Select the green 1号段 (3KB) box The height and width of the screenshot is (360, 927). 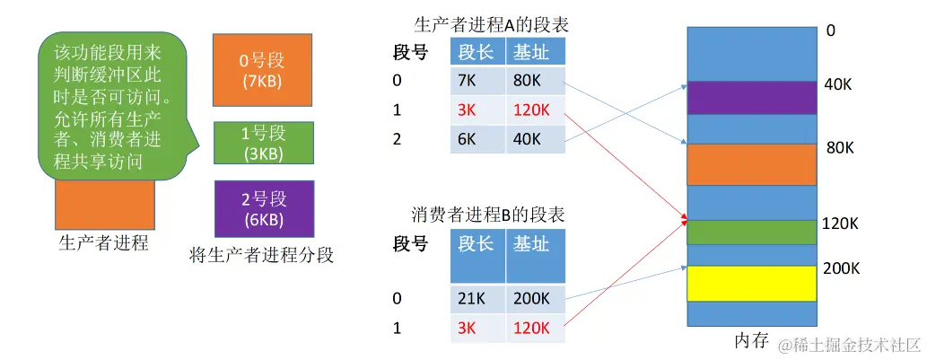point(262,143)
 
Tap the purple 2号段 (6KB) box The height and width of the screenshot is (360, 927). point(262,208)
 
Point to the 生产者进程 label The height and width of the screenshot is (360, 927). point(102,243)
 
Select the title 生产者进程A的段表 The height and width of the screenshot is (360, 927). point(492,24)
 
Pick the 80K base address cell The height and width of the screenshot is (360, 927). point(535,81)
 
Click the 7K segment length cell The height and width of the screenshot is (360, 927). point(477,81)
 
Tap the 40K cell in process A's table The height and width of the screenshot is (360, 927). point(535,138)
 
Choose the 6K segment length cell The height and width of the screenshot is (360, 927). point(477,138)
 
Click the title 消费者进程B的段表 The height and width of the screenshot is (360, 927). point(492,215)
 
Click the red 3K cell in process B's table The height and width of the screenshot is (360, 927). point(477,329)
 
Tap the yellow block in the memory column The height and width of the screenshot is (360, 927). point(752,283)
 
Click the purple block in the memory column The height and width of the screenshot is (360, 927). point(752,98)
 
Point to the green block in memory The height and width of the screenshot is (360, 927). point(752,232)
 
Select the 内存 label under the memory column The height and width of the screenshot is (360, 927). point(751,340)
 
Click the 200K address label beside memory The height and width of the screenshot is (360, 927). point(843,268)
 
